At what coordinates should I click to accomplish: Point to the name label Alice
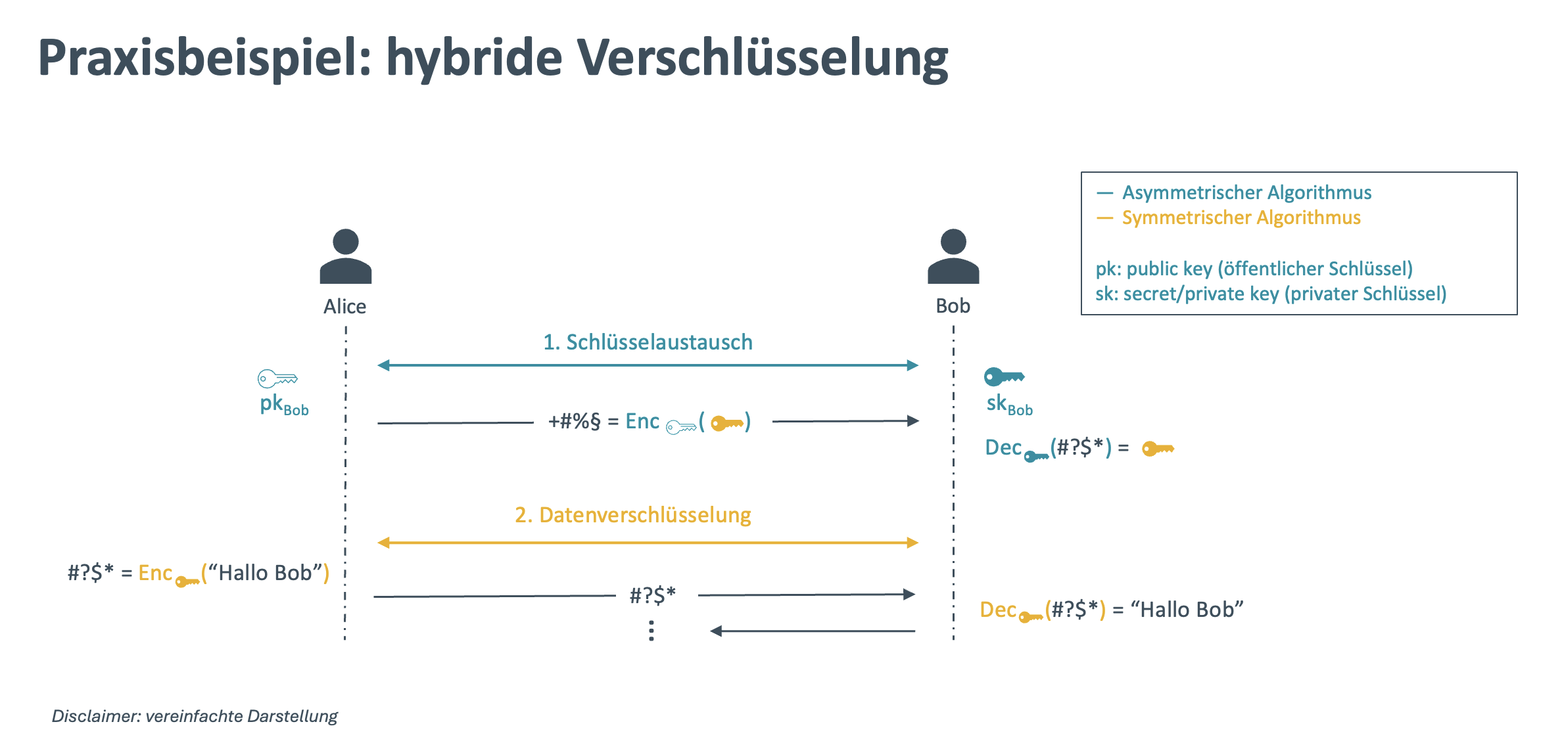[344, 306]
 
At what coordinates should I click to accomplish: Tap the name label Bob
[953, 305]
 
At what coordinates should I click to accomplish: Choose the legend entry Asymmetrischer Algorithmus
[1246, 192]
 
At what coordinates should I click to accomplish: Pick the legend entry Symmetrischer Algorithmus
[1241, 217]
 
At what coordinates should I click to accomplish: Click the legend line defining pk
[1254, 269]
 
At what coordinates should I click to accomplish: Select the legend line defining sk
[1270, 294]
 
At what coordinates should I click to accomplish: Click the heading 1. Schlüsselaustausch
[648, 342]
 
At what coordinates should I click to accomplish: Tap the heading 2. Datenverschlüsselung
[632, 515]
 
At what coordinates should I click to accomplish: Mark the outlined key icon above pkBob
[277, 378]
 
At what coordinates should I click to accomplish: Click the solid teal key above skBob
[1004, 376]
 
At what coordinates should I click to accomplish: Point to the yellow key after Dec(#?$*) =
[1158, 449]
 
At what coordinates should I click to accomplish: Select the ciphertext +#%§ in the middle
[574, 421]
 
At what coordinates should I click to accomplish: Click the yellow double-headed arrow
[648, 543]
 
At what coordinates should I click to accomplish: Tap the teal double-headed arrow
[648, 365]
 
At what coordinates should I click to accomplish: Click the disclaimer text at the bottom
[195, 716]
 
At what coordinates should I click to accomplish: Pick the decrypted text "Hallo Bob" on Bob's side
[1187, 610]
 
